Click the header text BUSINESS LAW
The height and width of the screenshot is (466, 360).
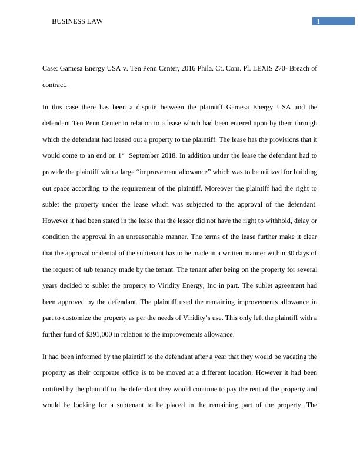tap(78, 22)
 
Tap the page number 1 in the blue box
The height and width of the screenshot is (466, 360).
tap(318, 22)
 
